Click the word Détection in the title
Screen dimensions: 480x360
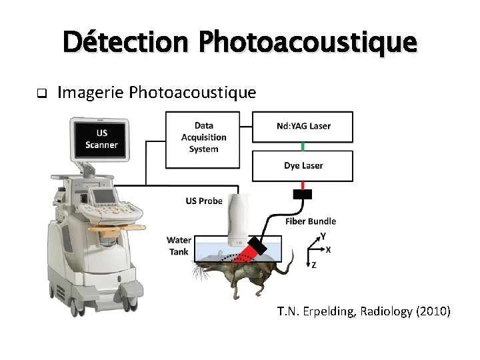(126, 42)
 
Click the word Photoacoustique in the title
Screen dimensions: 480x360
(308, 42)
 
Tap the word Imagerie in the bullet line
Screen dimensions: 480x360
(91, 93)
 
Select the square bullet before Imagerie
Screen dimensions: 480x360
(41, 93)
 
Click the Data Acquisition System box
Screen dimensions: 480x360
(203, 137)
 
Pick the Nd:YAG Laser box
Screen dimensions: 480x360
(303, 126)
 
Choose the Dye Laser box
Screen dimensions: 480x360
(303, 165)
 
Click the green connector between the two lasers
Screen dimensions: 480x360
(303, 145)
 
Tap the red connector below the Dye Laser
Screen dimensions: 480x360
(303, 185)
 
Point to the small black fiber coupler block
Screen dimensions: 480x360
(303, 194)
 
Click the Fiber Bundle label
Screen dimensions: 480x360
(311, 221)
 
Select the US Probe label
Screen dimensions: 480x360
(203, 201)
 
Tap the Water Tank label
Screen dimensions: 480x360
(179, 245)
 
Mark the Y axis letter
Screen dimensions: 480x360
(323, 236)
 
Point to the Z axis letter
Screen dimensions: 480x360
(313, 265)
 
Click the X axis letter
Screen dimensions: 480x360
(328, 250)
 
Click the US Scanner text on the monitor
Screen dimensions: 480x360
(101, 139)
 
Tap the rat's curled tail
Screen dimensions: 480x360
(287, 267)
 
